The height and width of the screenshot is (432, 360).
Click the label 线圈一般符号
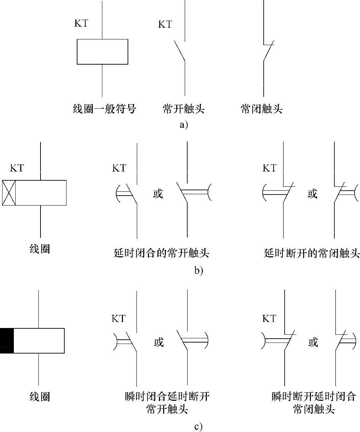(104, 109)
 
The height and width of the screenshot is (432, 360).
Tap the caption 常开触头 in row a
(183, 109)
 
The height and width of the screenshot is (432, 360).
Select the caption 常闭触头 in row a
(262, 109)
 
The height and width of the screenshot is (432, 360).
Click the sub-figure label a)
(183, 125)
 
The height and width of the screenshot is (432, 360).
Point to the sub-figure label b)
(198, 270)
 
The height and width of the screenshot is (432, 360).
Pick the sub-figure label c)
(198, 426)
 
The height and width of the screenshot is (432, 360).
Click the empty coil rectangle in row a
(102, 52)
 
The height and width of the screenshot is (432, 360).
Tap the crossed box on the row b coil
(9, 193)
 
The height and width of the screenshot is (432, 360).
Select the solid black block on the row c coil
(7, 340)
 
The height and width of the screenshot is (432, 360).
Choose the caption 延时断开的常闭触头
(312, 253)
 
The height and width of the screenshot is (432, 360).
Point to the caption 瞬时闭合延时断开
(167, 396)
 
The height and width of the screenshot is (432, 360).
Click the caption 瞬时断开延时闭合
(313, 396)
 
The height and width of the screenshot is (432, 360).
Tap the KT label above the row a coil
(81, 23)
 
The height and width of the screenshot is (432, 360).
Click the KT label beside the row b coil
(17, 168)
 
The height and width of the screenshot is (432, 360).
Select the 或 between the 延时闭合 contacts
(158, 194)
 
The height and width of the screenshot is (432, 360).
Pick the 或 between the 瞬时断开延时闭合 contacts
(313, 342)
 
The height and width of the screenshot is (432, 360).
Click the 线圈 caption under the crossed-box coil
(39, 249)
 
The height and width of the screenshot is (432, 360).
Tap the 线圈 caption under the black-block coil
(39, 397)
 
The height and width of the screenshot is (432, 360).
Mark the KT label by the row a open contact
(165, 24)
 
